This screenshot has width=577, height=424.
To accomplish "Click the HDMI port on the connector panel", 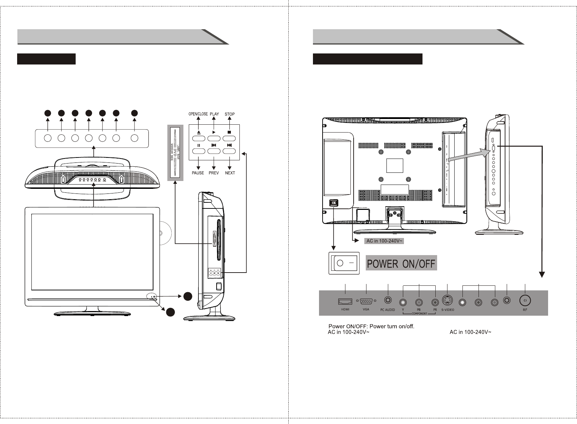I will coord(345,302).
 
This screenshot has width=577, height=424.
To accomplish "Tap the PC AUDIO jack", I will coord(388,301).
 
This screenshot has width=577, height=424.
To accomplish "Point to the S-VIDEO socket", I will coord(447,301).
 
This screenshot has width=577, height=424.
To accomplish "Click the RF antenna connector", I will coord(525,301).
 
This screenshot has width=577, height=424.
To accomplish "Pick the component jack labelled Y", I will coord(403,303).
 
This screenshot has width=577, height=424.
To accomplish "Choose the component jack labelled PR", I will coord(435,303).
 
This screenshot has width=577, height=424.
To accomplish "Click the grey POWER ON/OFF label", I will coord(401,264).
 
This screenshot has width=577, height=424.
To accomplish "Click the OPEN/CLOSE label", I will coord(198,114).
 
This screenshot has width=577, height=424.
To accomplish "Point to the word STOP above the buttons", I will coord(229,114).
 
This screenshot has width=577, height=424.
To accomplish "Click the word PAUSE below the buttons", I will coord(198,173).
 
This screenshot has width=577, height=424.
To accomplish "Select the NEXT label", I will coord(230,173).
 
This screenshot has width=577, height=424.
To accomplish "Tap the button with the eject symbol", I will coord(198,138).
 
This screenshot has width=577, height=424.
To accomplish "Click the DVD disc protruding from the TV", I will coord(163,233).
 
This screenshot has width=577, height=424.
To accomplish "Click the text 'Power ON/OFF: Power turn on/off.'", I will coord(371,326).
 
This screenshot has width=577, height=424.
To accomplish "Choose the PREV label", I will coord(213,173).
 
